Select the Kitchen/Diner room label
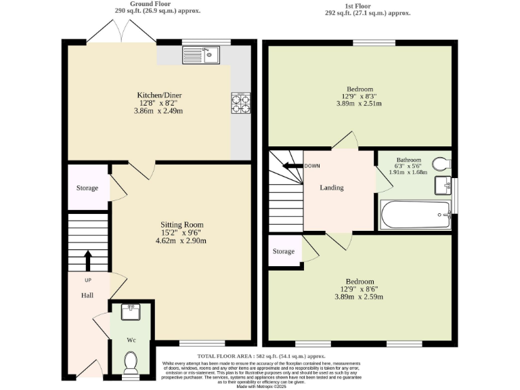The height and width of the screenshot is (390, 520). click(159, 95)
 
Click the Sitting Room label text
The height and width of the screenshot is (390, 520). click(181, 225)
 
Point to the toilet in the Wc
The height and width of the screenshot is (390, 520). click(131, 361)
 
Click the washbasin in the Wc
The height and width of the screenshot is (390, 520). click(131, 312)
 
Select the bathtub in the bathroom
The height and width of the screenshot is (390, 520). click(415, 215)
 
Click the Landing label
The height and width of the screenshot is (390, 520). click(331, 188)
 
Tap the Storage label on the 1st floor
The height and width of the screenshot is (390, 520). click(284, 251)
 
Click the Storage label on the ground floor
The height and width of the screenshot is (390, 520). click(87, 188)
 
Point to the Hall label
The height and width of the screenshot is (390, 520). click(87, 295)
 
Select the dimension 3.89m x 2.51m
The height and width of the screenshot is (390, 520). click(359, 104)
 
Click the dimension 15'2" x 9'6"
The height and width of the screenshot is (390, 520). click(181, 232)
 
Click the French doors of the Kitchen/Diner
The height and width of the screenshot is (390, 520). click(122, 30)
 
